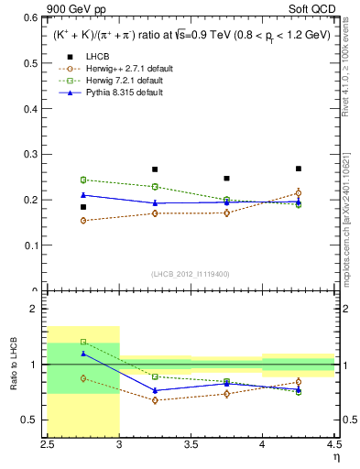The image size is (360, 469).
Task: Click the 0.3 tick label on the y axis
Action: (x=36, y=154)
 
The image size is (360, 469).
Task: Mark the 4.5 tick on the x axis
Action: (x=333, y=444)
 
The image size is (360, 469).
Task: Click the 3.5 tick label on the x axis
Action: (x=191, y=444)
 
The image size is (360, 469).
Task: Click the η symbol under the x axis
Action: (x=336, y=457)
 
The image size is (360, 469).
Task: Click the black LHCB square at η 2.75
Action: (x=83, y=207)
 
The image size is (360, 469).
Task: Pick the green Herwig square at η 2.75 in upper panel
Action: (x=83, y=180)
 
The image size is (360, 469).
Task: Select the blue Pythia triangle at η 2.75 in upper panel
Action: (x=83, y=194)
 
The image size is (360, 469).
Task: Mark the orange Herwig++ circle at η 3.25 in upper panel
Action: (x=155, y=213)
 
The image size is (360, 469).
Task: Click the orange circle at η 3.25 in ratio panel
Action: (x=155, y=400)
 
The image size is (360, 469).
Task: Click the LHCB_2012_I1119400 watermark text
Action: (x=191, y=274)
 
